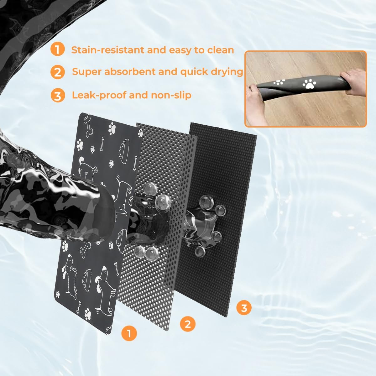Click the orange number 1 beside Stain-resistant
click(57, 50)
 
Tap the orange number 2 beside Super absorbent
click(57, 72)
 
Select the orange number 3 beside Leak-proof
click(57, 96)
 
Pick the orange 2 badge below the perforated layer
click(187, 324)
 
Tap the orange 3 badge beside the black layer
click(244, 308)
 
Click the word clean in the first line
click(220, 50)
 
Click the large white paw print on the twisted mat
click(309, 84)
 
